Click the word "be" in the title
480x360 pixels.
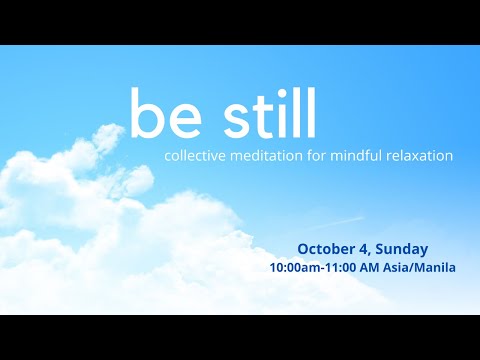coord(163,116)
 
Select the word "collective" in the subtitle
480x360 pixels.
coord(195,156)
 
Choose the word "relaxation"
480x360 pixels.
coord(421,156)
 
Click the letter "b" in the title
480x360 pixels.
coord(145,115)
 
